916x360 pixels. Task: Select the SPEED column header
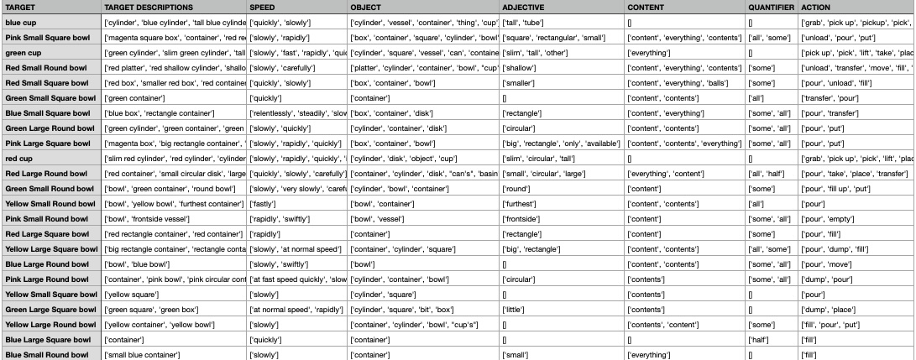coord(262,7)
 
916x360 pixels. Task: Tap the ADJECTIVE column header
coord(523,7)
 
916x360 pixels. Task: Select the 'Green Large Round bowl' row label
coord(50,128)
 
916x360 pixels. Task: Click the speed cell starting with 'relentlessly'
coord(298,113)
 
